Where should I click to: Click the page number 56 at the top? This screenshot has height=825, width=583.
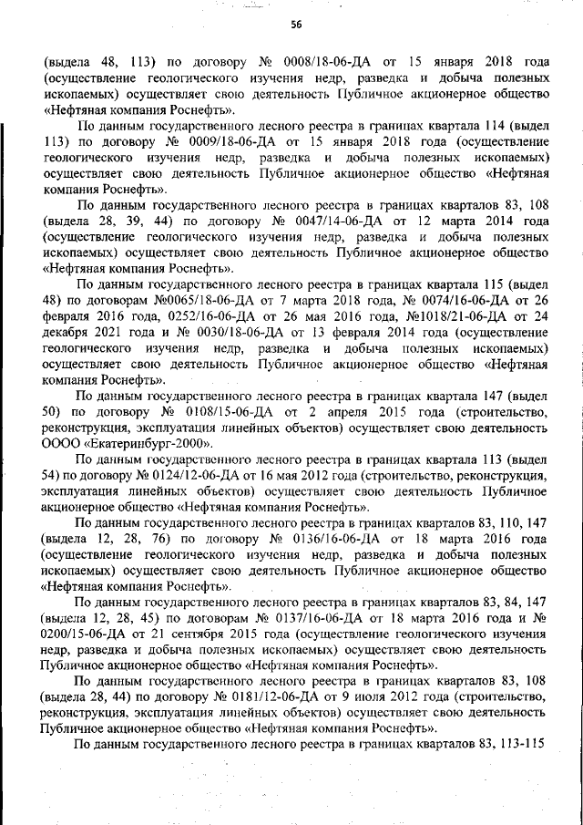[295, 25]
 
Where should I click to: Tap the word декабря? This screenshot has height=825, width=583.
[71, 332]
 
